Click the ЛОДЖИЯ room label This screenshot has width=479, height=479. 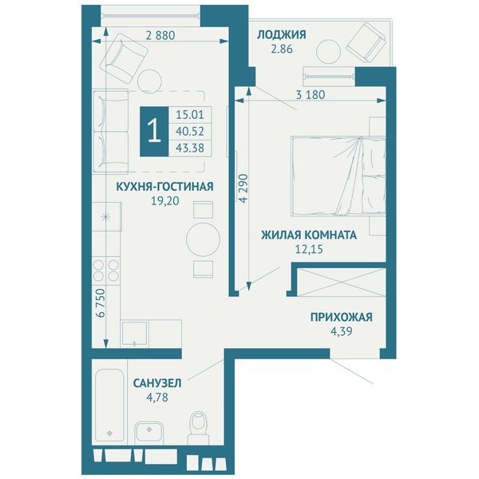pyautogui.click(x=281, y=34)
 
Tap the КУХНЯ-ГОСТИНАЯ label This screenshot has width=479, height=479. pyautogui.click(x=164, y=186)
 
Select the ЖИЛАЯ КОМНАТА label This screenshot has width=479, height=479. pyautogui.click(x=309, y=235)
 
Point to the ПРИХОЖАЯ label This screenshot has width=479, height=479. pyautogui.click(x=341, y=317)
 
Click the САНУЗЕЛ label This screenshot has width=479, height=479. pyautogui.click(x=157, y=383)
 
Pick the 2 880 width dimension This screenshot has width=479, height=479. pyautogui.click(x=160, y=35)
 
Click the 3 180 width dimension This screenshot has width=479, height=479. pyautogui.click(x=311, y=95)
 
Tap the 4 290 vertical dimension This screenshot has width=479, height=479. pyautogui.click(x=243, y=188)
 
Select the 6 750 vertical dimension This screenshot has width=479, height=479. pyautogui.click(x=101, y=303)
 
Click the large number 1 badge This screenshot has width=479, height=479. pyautogui.click(x=154, y=132)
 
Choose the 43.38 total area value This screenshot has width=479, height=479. pyautogui.click(x=190, y=148)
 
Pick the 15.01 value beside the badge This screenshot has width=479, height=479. pyautogui.click(x=190, y=115)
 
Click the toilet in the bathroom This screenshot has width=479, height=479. pyautogui.click(x=198, y=428)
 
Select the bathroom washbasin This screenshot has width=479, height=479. pyautogui.click(x=149, y=432)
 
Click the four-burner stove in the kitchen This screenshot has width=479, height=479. pyautogui.click(x=106, y=270)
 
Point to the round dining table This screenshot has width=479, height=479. pyautogui.click(x=203, y=239)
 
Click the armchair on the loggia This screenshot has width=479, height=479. pyautogui.click(x=366, y=42)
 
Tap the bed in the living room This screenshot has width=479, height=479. pyautogui.click(x=338, y=176)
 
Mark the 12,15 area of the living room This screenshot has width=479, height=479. pyautogui.click(x=309, y=249)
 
